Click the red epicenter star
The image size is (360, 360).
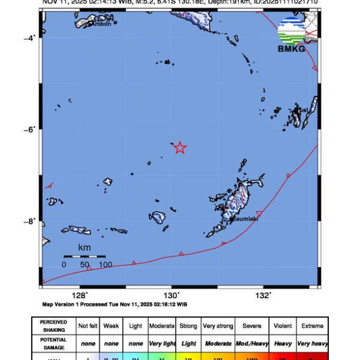point(180,148)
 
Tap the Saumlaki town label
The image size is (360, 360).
point(244,219)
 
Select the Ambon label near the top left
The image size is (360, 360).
point(102,23)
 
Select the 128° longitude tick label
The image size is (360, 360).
point(79,295)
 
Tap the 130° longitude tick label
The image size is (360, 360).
point(172,295)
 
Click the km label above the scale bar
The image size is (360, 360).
point(85,247)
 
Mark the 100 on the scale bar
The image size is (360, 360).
point(106,264)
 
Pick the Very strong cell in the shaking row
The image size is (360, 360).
point(217,326)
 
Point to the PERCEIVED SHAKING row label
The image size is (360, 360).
point(53,326)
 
